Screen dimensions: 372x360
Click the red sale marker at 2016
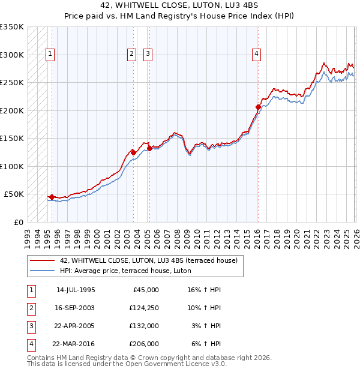tap(258, 107)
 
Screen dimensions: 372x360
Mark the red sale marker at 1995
tap(52, 197)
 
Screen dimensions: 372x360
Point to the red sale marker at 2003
tap(133, 152)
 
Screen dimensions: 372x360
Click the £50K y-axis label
tap(14, 194)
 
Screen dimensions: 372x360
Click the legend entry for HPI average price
tap(125, 271)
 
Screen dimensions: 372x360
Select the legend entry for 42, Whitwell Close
tap(148, 260)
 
